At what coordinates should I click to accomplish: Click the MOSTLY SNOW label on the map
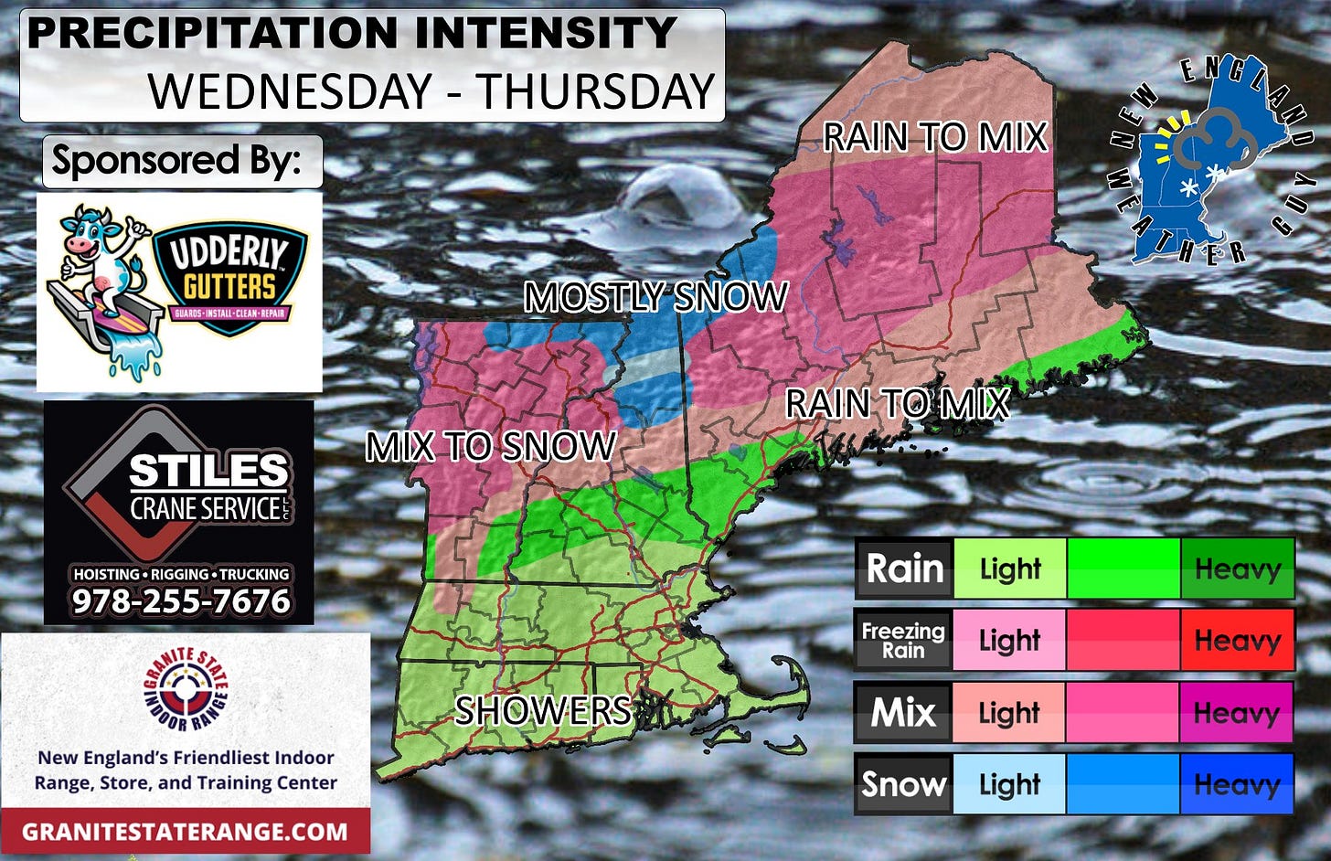pyautogui.click(x=655, y=297)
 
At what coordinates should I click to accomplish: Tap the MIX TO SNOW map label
pyautogui.click(x=491, y=447)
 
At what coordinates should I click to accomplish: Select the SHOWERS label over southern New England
pyautogui.click(x=543, y=710)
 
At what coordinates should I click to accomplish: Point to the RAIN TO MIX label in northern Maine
pyautogui.click(x=934, y=138)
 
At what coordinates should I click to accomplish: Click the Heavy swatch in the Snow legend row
pyautogui.click(x=1237, y=784)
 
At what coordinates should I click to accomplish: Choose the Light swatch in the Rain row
pyautogui.click(x=1009, y=569)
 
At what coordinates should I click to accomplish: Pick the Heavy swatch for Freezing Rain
pyautogui.click(x=1237, y=640)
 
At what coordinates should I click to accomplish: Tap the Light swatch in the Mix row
pyautogui.click(x=1009, y=712)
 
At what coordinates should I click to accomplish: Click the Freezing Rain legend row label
pyautogui.click(x=903, y=640)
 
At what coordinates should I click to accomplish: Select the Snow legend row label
pyautogui.click(x=903, y=784)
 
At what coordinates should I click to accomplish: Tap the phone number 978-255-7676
pyautogui.click(x=181, y=601)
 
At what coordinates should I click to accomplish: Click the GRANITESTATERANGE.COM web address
pyautogui.click(x=185, y=832)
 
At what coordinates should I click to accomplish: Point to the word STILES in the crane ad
pyautogui.click(x=208, y=472)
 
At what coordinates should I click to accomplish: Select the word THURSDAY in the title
pyautogui.click(x=594, y=92)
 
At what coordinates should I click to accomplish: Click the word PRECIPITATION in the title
pyautogui.click(x=212, y=34)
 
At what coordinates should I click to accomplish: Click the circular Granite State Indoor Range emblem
pyautogui.click(x=186, y=691)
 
